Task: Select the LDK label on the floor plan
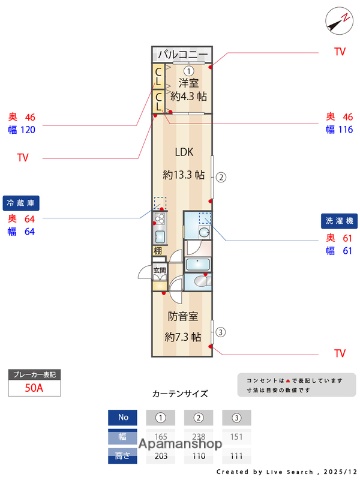click(x=183, y=153)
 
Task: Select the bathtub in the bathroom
click(x=199, y=265)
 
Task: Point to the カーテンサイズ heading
click(x=179, y=394)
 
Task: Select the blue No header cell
click(x=123, y=418)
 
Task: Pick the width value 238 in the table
click(x=199, y=437)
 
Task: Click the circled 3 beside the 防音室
click(x=222, y=333)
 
